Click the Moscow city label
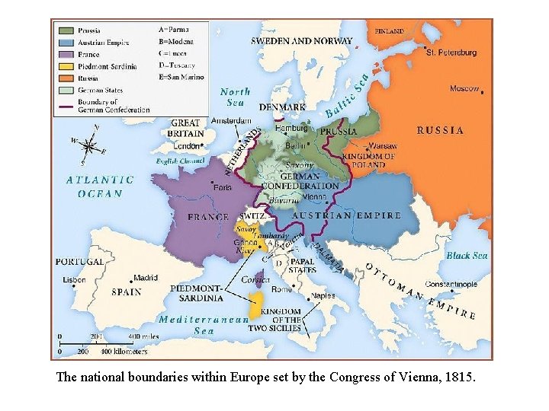click(464, 89)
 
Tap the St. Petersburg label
click(451, 53)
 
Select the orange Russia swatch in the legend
click(67, 78)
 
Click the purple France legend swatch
click(67, 55)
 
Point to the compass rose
click(89, 145)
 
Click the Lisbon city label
click(75, 279)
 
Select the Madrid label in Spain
click(146, 278)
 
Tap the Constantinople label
click(451, 284)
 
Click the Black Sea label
click(467, 256)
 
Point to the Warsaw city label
click(383, 145)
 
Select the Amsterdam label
click(231, 121)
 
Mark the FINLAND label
click(390, 32)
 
